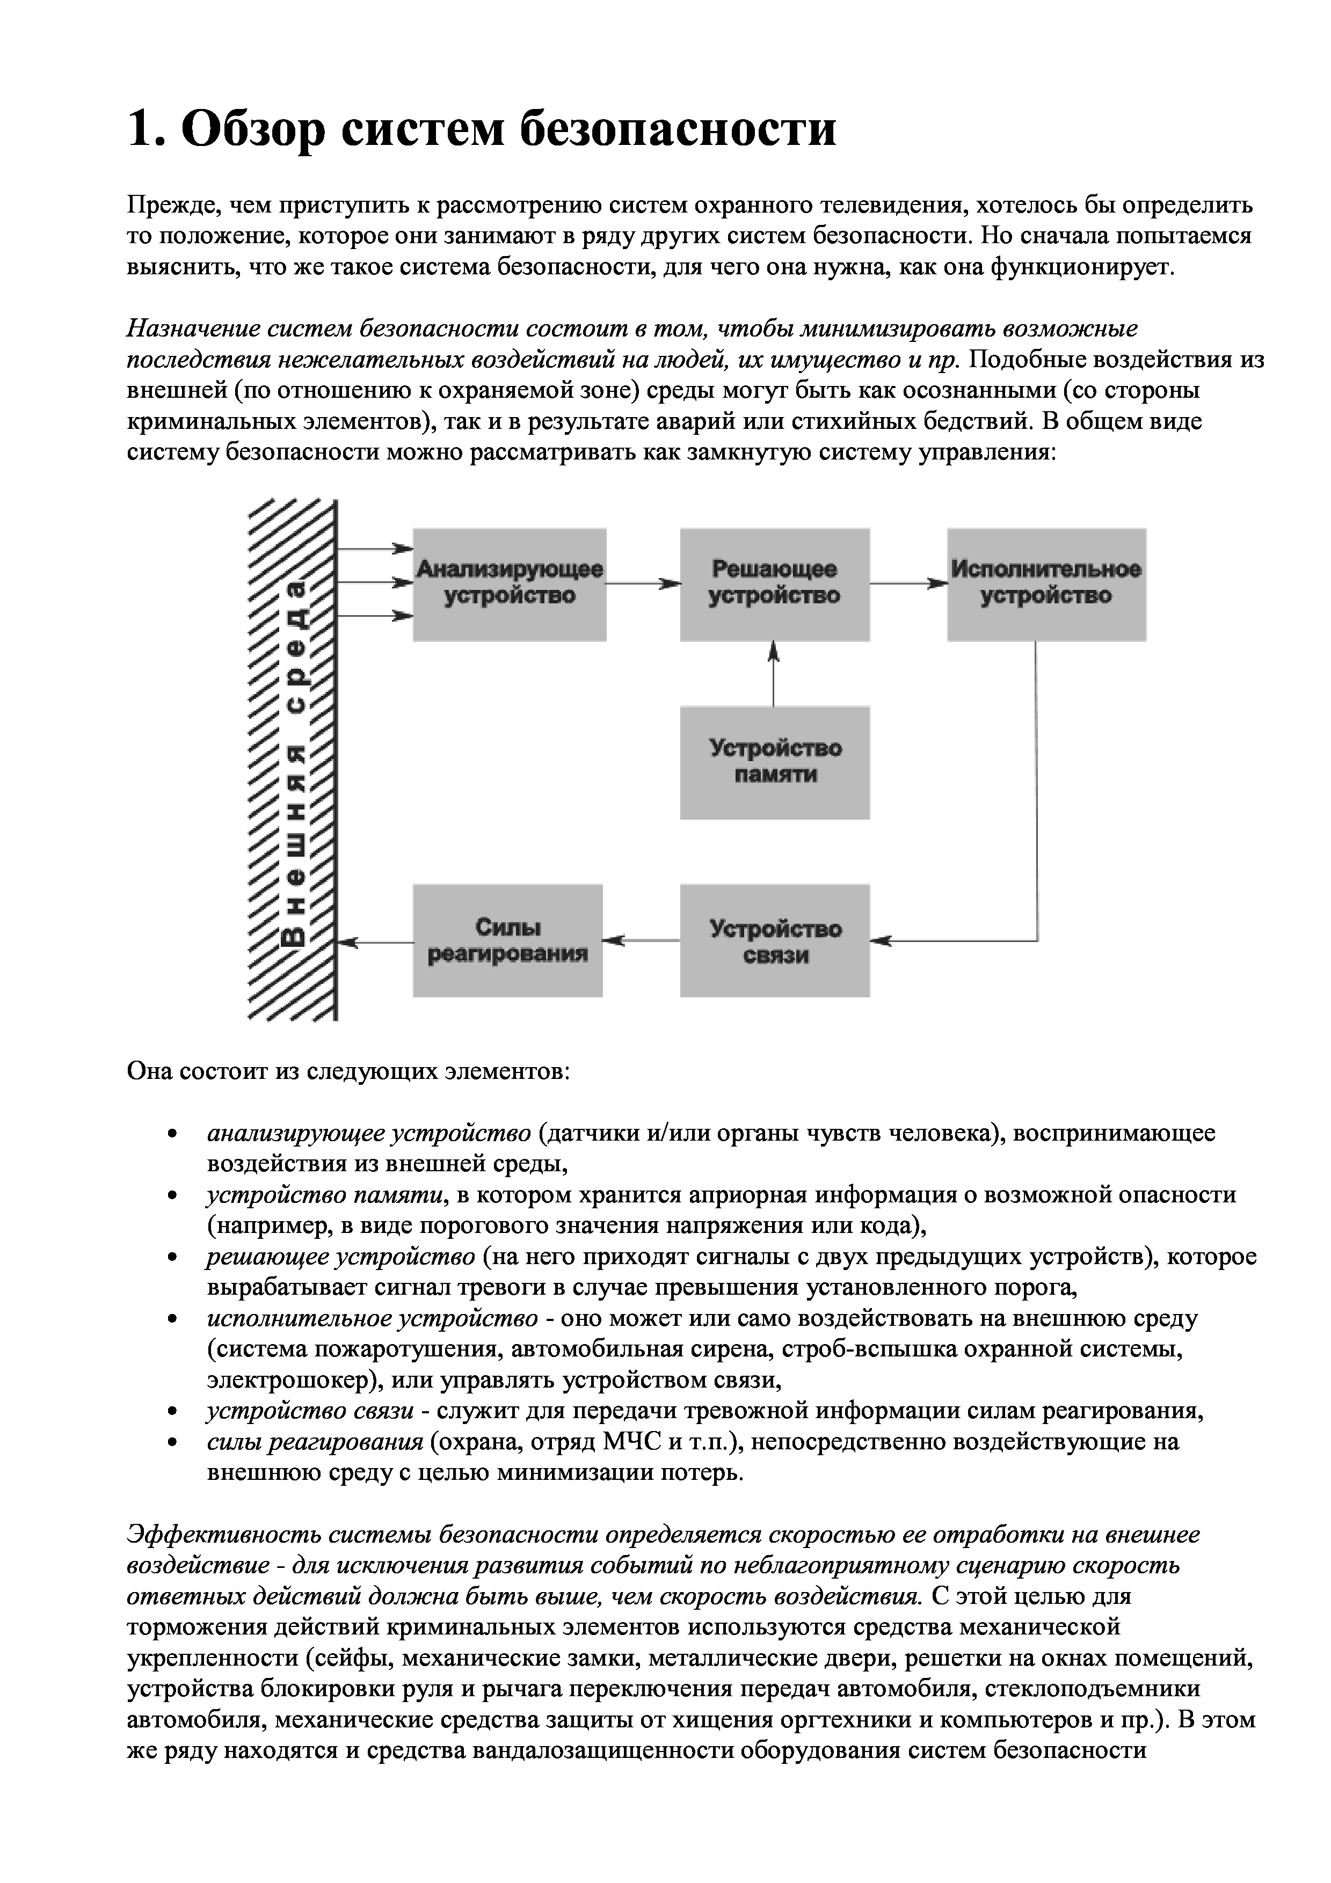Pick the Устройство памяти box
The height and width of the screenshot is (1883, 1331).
774,761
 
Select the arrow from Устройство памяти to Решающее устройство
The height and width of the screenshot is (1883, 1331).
773,673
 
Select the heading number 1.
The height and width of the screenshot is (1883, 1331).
141,129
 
